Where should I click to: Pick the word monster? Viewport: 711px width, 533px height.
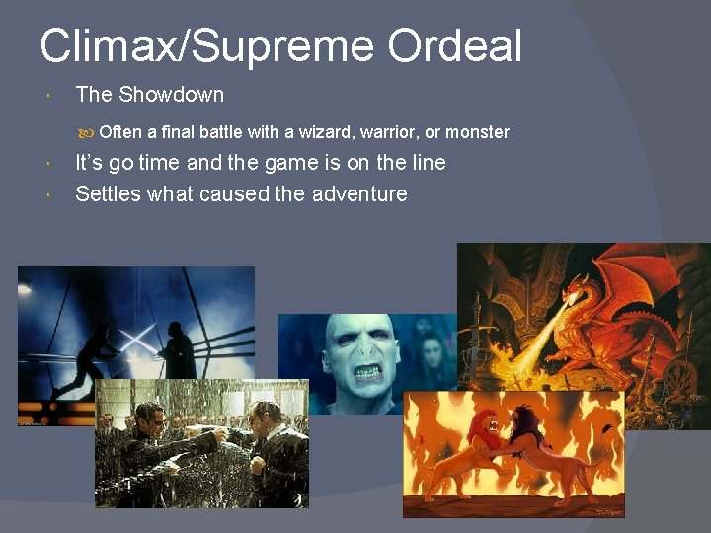[477, 132]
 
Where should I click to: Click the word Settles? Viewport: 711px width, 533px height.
[109, 193]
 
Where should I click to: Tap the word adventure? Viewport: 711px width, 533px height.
[359, 193]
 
